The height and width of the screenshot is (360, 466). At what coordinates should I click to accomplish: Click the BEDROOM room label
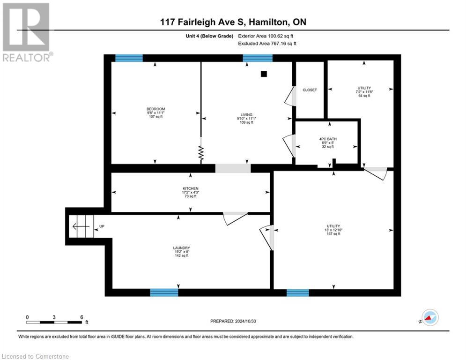coord(156,109)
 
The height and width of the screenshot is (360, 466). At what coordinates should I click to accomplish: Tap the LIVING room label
coord(246,114)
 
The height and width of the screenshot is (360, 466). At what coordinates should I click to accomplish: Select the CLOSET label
coord(310,90)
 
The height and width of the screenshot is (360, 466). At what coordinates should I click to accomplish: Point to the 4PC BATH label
coord(328,139)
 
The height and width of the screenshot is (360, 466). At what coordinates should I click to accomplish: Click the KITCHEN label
coord(191,188)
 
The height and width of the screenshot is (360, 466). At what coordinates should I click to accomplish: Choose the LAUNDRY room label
coord(182,248)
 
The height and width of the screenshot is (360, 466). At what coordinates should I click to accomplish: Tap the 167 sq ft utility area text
coord(333,234)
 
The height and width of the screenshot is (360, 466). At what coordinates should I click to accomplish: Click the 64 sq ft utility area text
coord(364,96)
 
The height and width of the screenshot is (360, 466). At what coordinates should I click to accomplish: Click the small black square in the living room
coord(264,74)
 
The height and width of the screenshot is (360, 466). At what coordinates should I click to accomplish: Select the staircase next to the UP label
coord(81,226)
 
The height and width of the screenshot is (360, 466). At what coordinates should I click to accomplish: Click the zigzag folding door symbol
coord(201,154)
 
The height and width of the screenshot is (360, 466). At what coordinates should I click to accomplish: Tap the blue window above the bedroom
coord(129,58)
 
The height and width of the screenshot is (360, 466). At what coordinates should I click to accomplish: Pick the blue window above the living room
coord(258,58)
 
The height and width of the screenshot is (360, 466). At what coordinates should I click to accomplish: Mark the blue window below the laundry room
coord(164,292)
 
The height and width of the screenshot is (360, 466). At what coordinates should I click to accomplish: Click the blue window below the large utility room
coord(298,293)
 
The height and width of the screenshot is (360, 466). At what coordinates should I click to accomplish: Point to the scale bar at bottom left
coord(54,322)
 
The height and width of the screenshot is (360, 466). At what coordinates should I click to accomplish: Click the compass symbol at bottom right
coord(430,318)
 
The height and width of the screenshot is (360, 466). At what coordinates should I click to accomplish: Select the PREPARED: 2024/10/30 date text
coord(233,321)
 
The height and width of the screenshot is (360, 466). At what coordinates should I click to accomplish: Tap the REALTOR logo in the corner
coord(27,32)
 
